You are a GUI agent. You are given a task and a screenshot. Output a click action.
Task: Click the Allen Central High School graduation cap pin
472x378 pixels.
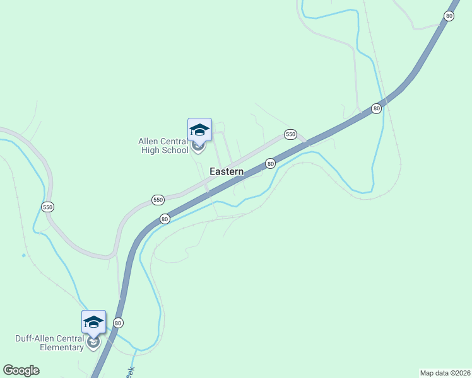click(199, 130)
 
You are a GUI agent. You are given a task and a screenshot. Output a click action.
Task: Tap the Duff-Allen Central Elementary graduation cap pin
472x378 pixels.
click(93, 323)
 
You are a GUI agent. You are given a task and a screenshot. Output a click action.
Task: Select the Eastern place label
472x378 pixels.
click(227, 171)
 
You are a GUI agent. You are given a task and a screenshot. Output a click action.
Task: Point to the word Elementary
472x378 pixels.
click(62, 347)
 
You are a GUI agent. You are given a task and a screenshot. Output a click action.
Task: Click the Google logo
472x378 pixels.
click(21, 370)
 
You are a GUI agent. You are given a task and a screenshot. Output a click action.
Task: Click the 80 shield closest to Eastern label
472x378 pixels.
click(270, 163)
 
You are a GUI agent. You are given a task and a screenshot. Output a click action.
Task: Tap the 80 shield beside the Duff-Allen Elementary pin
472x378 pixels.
click(118, 323)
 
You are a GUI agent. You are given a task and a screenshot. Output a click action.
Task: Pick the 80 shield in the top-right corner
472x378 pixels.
click(449, 16)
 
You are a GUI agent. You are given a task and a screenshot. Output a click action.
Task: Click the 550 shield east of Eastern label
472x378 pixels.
click(290, 134)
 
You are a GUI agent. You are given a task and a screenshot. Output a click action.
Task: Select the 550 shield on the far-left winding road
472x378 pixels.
click(48, 207)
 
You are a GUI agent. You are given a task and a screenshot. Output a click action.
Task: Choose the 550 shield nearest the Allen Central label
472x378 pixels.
click(158, 200)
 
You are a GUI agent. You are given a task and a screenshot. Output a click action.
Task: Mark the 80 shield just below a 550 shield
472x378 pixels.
click(165, 219)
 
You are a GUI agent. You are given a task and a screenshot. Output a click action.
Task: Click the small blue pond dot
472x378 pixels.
click(23, 255)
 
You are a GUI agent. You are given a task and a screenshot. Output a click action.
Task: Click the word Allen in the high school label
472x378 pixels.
click(149, 141)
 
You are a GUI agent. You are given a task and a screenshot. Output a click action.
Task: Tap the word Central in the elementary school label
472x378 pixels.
click(70, 338)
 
